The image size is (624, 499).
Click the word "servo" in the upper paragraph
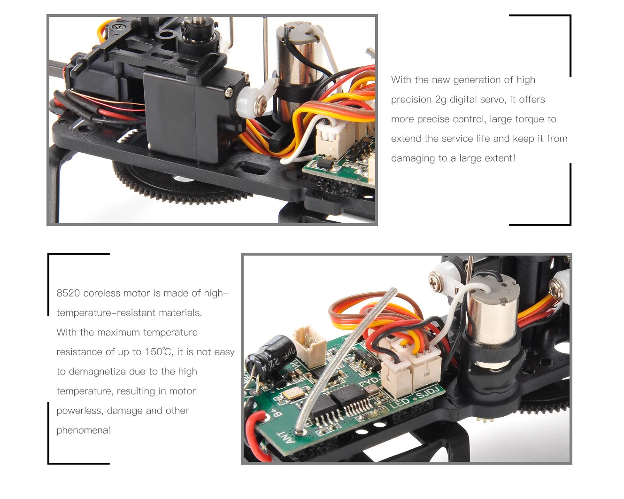click(x=494, y=100)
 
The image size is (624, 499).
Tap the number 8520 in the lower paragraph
click(x=68, y=293)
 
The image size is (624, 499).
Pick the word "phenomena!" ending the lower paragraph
click(x=84, y=430)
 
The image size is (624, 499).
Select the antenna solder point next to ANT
click(x=300, y=432)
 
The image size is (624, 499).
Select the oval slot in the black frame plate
click(x=252, y=168)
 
